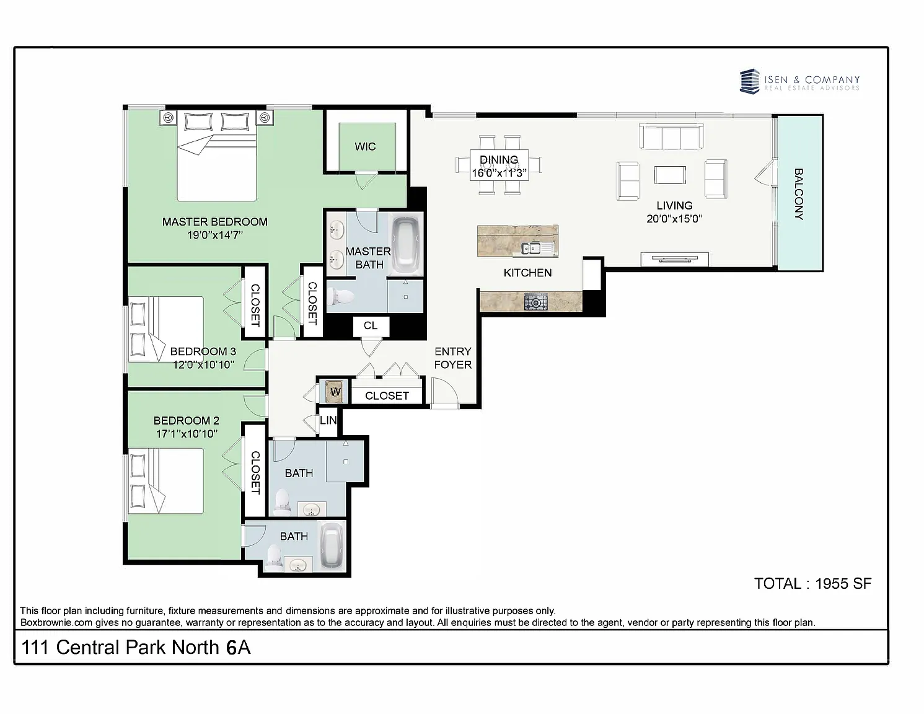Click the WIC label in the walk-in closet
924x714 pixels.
[x=365, y=147]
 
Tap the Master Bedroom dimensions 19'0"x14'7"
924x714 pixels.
[x=215, y=235]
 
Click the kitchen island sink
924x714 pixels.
[x=537, y=248]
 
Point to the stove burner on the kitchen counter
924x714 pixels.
[x=535, y=302]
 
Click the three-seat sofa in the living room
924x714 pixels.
[x=671, y=136]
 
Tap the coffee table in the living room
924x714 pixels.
[x=670, y=175]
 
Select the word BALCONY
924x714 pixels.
[x=799, y=194]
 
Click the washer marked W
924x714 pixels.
[x=335, y=391]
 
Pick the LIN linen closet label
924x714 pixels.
[x=328, y=420]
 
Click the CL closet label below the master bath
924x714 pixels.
[x=371, y=325]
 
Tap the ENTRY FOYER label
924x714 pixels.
[x=453, y=358]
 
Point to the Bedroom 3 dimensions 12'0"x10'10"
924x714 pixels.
[x=203, y=365]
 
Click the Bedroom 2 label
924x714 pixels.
[x=187, y=421]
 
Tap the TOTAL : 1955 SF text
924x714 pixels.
[x=812, y=583]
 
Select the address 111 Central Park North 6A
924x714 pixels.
[x=136, y=648]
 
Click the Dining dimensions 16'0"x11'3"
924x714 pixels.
[x=499, y=173]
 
